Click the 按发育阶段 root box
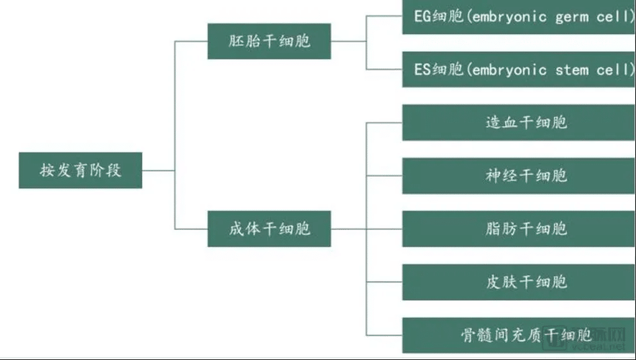point(81,170)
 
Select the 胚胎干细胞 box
point(269,41)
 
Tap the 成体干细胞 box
point(269,228)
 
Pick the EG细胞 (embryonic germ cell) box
point(518,17)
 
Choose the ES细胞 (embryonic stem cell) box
point(518,69)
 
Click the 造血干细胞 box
point(518,122)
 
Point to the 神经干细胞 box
point(518,175)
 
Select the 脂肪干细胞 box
point(518,228)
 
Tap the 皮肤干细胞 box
point(518,282)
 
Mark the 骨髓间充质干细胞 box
point(518,335)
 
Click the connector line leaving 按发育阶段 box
point(158,170)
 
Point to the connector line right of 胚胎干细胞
point(348,41)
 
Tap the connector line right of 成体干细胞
point(348,228)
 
